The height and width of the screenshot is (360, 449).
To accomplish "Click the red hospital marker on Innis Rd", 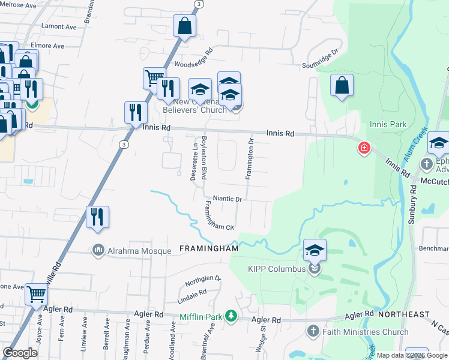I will pyautogui.click(x=364, y=148).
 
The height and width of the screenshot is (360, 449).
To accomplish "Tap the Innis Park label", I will pyautogui.click(x=388, y=125).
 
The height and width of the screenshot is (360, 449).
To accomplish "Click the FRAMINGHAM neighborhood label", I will pyautogui.click(x=209, y=248).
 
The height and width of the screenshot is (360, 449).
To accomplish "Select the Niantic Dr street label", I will pyautogui.click(x=227, y=199).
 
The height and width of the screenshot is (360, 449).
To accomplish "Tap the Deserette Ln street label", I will pyautogui.click(x=194, y=160).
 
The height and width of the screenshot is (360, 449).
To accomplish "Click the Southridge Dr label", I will pyautogui.click(x=321, y=58).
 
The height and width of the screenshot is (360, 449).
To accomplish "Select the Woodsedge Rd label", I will pyautogui.click(x=193, y=60).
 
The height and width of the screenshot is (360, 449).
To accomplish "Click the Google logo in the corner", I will pyautogui.click(x=20, y=353).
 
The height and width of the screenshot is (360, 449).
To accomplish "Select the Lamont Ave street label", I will pyautogui.click(x=59, y=27).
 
